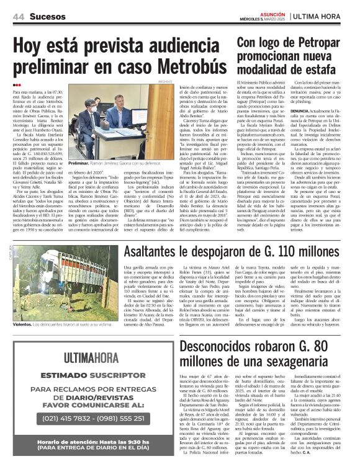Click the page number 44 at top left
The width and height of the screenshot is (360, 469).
coord(17,16)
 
